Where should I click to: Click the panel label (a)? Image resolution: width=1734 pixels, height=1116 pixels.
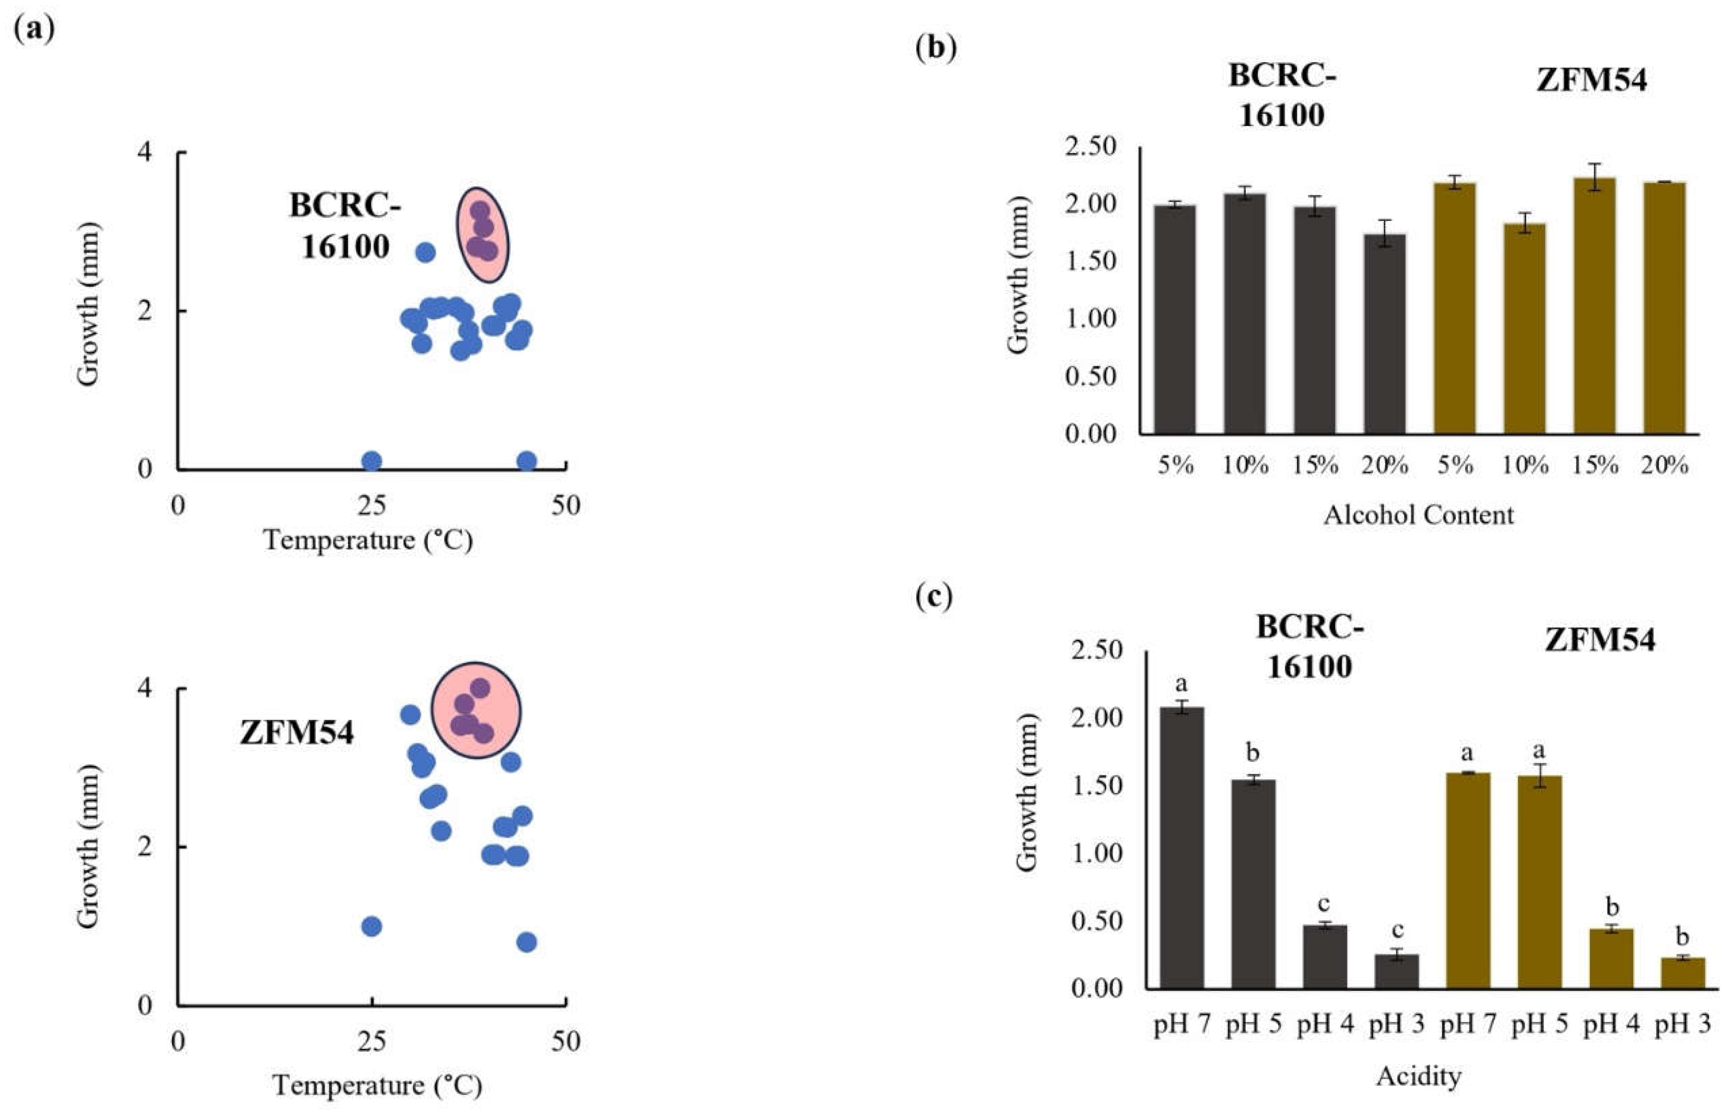pyautogui.click(x=34, y=30)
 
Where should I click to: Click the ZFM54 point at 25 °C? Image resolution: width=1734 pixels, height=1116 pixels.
pyautogui.click(x=371, y=926)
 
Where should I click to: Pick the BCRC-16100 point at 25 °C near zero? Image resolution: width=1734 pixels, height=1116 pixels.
pyautogui.click(x=371, y=461)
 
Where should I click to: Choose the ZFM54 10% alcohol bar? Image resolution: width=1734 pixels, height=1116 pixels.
pyautogui.click(x=1524, y=328)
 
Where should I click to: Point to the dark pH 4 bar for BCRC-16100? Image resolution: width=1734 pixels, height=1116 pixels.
pyautogui.click(x=1325, y=956)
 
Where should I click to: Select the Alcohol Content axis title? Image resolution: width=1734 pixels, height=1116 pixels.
pyautogui.click(x=1418, y=515)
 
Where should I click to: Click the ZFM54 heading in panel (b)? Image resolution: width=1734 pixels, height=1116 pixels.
pyautogui.click(x=1591, y=80)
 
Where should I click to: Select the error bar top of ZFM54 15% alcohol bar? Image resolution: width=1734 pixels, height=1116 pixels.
pyautogui.click(x=1594, y=164)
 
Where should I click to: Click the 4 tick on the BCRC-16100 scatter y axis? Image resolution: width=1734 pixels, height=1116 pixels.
pyautogui.click(x=146, y=152)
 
